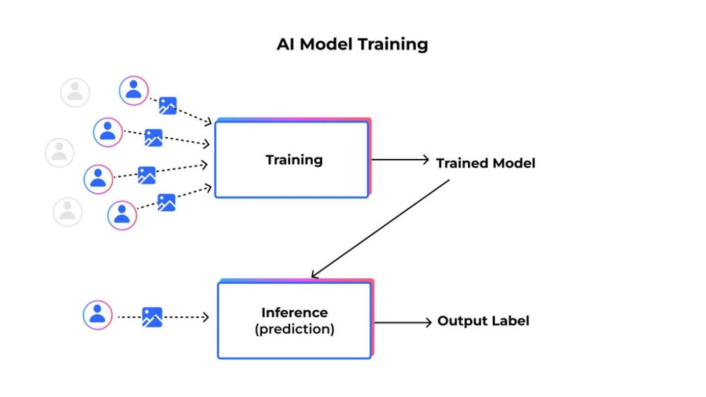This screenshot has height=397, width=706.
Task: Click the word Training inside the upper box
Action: (294, 160)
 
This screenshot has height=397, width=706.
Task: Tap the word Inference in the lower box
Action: (294, 313)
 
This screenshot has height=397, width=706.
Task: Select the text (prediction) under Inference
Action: (294, 329)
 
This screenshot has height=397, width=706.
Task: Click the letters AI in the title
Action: (286, 44)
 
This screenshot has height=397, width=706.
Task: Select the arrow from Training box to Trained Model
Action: (400, 160)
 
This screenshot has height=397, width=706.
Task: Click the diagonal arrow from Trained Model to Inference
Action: (380, 228)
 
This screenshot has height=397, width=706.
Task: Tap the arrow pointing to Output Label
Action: (403, 323)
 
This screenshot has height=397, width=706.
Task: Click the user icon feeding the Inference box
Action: (98, 315)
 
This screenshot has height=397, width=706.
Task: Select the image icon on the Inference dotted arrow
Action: (152, 317)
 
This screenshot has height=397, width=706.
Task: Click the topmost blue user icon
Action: (133, 91)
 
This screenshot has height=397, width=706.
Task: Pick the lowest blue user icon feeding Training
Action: (122, 215)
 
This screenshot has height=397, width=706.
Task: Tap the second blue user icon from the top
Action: (107, 132)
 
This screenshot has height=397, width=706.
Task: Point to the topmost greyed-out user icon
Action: (75, 93)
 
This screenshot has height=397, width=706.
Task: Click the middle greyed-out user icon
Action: (59, 153)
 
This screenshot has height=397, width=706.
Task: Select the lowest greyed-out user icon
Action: (68, 212)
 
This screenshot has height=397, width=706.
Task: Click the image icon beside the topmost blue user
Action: (168, 106)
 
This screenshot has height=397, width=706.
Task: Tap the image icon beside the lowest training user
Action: (166, 202)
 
